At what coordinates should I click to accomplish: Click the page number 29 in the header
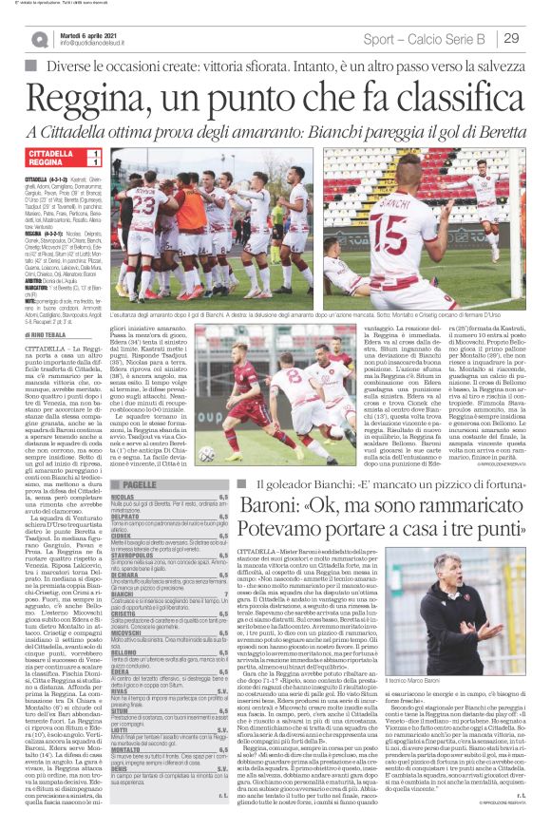pyautogui.click(x=512, y=37)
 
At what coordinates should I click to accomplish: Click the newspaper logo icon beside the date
pyautogui.click(x=39, y=38)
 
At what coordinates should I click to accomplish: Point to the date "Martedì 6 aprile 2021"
pyautogui.click(x=91, y=33)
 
